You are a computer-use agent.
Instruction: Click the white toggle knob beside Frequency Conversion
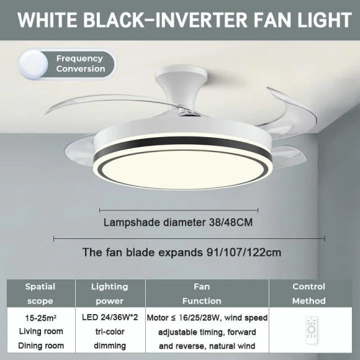point(34,64)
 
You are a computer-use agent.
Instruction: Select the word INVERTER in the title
point(204,20)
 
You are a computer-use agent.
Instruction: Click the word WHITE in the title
point(50,20)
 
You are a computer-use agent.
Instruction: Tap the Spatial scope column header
point(40,294)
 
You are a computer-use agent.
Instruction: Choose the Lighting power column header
point(110,294)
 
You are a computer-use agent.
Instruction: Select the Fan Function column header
point(202,294)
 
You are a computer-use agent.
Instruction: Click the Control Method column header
point(308,294)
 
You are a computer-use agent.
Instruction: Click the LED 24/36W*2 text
point(110,318)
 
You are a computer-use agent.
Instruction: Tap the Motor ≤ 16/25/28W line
point(207,318)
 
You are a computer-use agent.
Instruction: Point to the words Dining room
point(41,346)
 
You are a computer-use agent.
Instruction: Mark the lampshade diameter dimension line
point(179,210)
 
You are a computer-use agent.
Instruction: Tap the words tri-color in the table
point(110,332)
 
